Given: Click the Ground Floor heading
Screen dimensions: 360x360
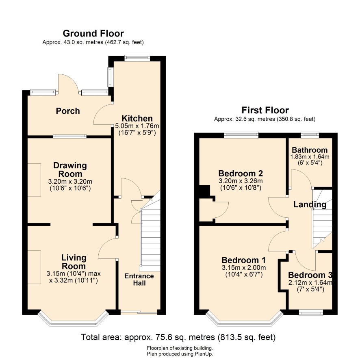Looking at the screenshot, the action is point(93,33).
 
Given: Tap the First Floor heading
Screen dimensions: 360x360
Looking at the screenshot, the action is point(265,111).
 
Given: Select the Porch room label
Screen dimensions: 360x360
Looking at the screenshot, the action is point(68,111).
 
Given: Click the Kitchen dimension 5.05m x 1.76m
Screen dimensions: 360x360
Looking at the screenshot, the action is point(137,126).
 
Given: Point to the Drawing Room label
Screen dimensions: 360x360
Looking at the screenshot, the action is point(70,170).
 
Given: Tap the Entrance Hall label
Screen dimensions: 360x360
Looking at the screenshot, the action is point(139,280).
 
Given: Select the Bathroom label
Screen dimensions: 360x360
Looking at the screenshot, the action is point(310,150).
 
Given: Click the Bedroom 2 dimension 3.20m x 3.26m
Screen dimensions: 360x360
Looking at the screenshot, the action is point(241,181).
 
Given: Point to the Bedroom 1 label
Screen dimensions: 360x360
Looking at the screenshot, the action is point(243,260).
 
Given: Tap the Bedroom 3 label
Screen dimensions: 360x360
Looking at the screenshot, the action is point(310,275).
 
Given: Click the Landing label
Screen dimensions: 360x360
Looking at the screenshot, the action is point(310,204).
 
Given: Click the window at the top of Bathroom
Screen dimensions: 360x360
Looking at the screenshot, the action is point(310,135).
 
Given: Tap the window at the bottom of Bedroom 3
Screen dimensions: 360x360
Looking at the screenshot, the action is point(311,312).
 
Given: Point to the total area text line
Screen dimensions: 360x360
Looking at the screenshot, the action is point(178,337).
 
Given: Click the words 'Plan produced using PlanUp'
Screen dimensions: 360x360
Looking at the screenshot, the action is point(180,354).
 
